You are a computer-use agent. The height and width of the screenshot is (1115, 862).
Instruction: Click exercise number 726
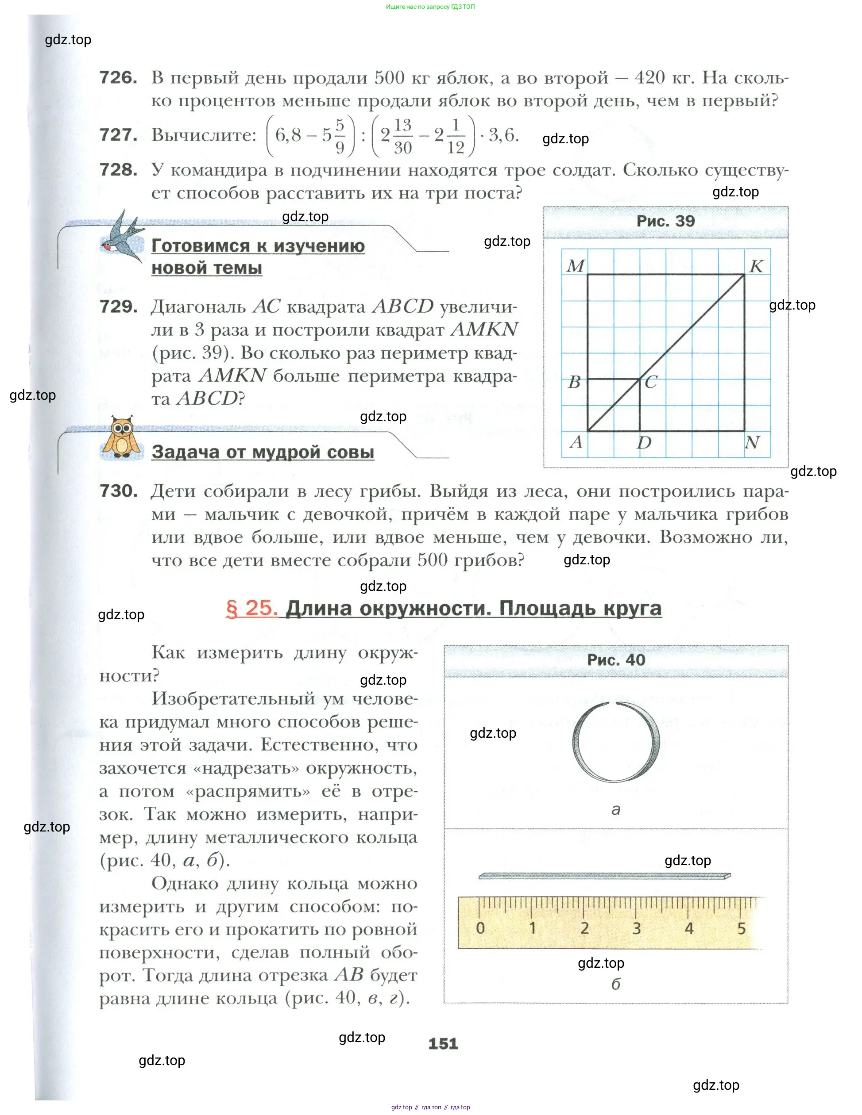click(118, 78)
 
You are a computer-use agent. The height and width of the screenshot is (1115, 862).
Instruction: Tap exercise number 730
click(118, 491)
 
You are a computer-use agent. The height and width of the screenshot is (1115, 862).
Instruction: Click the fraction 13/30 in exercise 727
click(402, 136)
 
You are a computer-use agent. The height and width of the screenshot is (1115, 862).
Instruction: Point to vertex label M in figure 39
click(576, 266)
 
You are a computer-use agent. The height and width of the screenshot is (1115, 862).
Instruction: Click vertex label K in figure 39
click(756, 266)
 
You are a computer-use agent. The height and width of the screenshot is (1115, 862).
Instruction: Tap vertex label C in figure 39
click(650, 382)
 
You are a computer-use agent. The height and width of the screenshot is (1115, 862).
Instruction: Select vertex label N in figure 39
click(752, 442)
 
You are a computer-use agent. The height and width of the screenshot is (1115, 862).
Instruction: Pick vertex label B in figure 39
click(574, 382)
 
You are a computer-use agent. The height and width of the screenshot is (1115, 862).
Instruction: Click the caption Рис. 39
click(665, 221)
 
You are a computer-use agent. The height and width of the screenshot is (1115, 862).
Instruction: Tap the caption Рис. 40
click(616, 659)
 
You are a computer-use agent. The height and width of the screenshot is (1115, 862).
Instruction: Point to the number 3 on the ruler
click(637, 928)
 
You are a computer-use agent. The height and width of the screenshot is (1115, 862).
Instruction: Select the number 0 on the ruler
click(480, 928)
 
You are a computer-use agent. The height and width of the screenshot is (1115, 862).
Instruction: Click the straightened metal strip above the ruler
click(604, 876)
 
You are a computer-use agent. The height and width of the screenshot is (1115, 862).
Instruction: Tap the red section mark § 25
click(251, 608)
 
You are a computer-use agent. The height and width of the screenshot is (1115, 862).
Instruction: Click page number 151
click(443, 1043)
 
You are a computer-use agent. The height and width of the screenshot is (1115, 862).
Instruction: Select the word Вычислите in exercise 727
click(204, 135)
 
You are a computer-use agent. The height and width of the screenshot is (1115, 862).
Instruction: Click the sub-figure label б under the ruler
click(616, 984)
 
